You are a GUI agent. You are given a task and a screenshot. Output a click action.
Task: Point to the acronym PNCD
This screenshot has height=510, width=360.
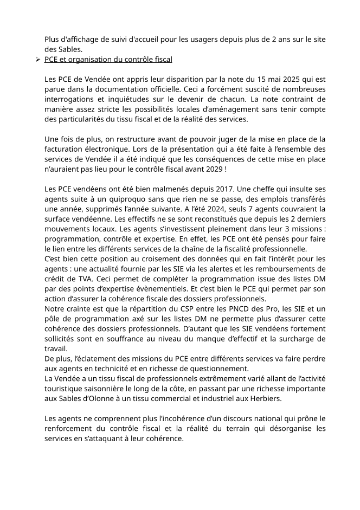click(x=225, y=308)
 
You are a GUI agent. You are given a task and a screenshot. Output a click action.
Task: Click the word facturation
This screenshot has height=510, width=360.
click(x=66, y=149)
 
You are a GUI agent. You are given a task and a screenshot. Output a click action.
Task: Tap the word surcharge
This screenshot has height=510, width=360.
click(x=293, y=339)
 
